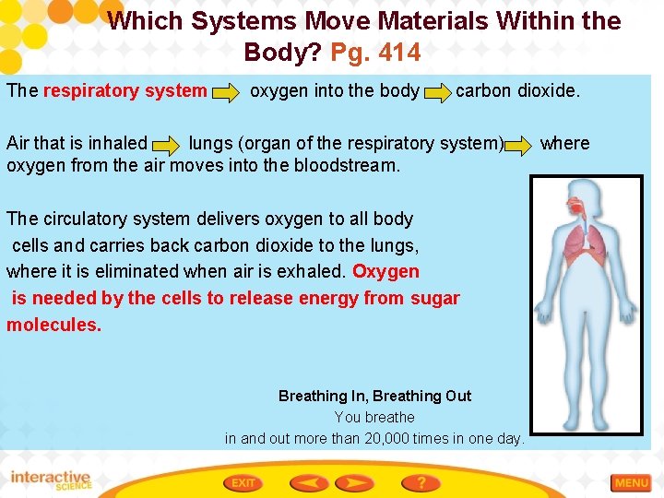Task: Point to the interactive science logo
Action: coord(51,480)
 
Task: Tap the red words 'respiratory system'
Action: coord(125,91)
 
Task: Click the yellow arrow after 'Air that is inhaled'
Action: coord(166,145)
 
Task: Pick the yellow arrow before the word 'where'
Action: coord(520,145)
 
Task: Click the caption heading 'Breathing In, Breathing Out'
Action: coord(374,396)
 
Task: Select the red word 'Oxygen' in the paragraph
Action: coord(385,272)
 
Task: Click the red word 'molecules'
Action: coord(53,325)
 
